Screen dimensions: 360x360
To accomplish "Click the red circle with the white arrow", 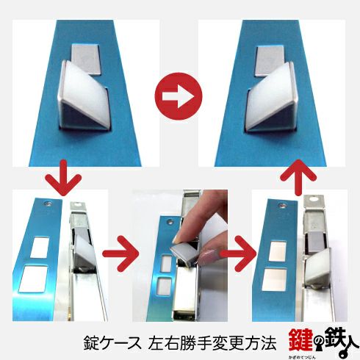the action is (x=179, y=96).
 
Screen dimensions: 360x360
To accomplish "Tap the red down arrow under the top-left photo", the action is (x=63, y=178).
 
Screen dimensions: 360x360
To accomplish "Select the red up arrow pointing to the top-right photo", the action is (x=298, y=177).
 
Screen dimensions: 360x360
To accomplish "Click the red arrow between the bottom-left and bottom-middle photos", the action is (x=120, y=253).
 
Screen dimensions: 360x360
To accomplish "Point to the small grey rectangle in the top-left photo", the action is (x=86, y=59).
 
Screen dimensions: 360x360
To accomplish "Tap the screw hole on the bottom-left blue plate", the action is (x=48, y=204).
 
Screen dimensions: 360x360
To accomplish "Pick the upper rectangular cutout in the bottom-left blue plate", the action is (x=40, y=247).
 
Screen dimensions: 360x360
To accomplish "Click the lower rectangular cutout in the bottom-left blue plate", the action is (x=34, y=278).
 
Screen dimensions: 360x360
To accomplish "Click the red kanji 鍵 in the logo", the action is (x=300, y=340).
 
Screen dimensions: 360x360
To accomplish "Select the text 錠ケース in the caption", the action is (x=112, y=342).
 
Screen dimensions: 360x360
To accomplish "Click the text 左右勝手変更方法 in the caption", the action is (x=212, y=342).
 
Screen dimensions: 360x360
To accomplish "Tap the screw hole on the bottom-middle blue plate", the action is (x=169, y=223).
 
